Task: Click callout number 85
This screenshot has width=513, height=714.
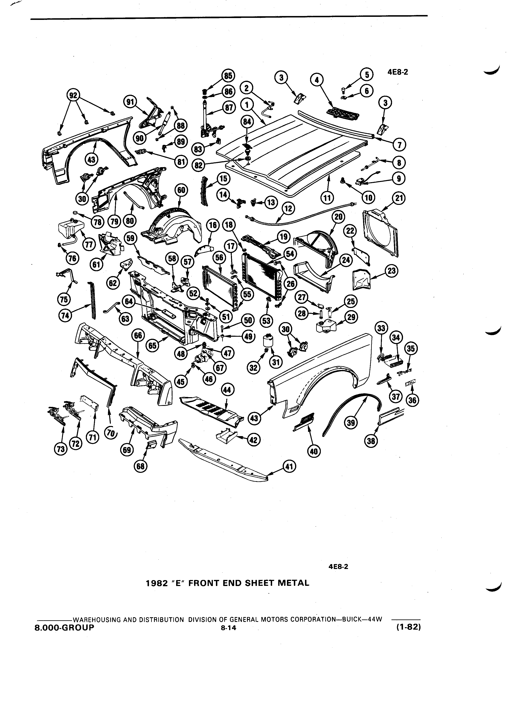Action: [228, 76]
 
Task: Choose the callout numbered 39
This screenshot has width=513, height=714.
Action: [352, 422]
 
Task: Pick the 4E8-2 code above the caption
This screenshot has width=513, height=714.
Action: [338, 567]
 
